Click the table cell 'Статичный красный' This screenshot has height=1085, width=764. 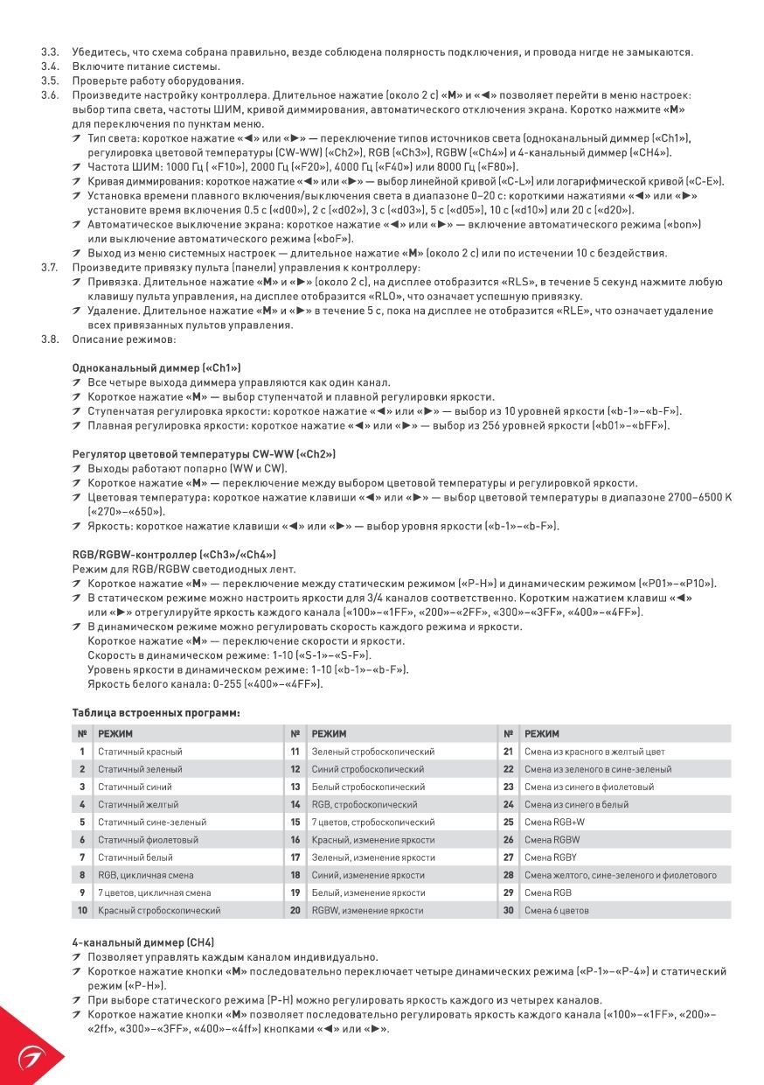[140, 752]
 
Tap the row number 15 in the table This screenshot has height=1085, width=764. [295, 822]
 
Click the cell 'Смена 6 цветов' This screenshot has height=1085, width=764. [556, 910]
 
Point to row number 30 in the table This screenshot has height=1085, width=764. [508, 910]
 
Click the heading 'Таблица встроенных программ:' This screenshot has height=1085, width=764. [156, 713]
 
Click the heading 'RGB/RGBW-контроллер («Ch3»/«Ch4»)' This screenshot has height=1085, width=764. [173, 554]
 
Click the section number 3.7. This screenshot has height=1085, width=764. [49, 267]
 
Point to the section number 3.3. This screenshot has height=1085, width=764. [49, 52]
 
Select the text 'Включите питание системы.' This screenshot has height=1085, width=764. [146, 66]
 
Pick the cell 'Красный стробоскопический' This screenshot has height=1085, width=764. [159, 910]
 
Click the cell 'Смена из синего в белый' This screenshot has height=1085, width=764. [576, 804]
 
